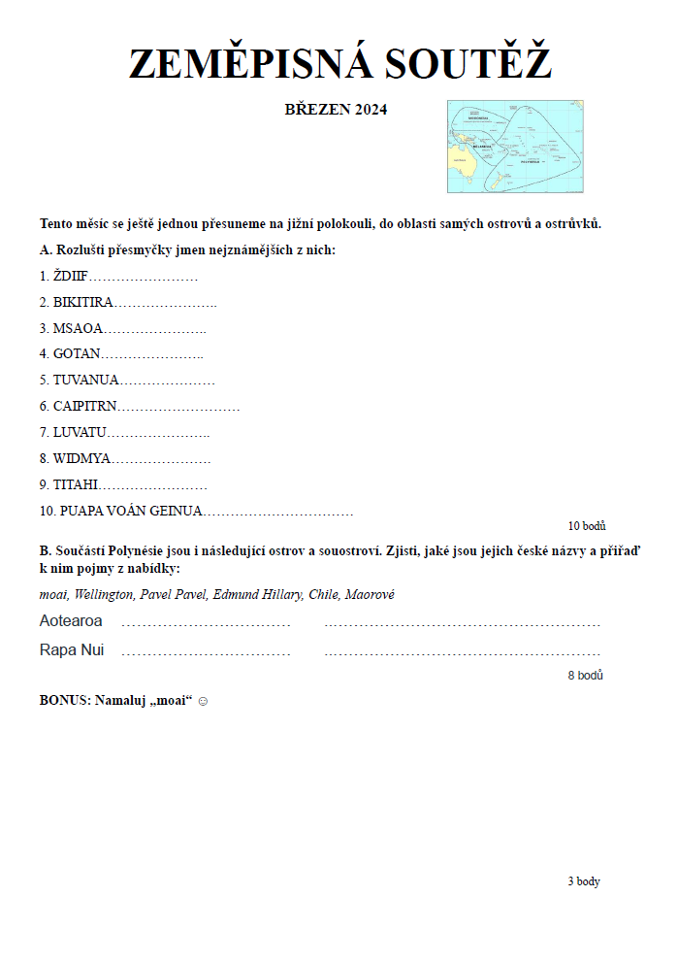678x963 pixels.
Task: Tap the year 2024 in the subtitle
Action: [371, 110]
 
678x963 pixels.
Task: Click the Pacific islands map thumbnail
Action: [514, 146]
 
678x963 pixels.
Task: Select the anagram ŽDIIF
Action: [71, 277]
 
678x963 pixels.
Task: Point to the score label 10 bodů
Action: [587, 526]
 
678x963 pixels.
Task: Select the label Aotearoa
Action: [71, 621]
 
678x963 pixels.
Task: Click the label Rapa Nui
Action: [72, 650]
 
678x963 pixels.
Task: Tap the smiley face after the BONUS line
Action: [203, 701]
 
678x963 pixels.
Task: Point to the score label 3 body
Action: [584, 881]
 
